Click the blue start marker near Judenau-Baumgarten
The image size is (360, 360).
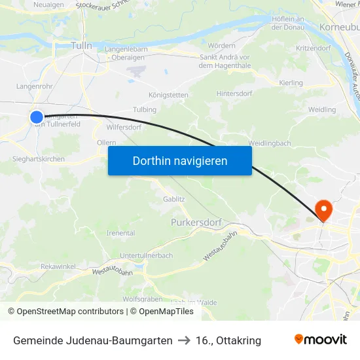point(37,117)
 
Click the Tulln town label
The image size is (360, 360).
point(81,46)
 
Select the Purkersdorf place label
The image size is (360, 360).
point(198,223)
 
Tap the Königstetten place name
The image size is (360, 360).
point(168,95)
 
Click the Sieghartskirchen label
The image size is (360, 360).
point(38,159)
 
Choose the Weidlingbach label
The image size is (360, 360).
point(269,143)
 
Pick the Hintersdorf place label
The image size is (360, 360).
point(234,94)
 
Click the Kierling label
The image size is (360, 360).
point(291,83)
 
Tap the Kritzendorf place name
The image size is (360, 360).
point(313,49)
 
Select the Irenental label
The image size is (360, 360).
point(120,233)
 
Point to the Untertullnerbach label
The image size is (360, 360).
point(147,255)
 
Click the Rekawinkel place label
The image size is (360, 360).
point(58,266)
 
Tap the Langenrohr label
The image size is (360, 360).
point(33,86)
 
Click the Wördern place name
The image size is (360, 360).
point(221,46)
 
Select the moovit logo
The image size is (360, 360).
point(321,340)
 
